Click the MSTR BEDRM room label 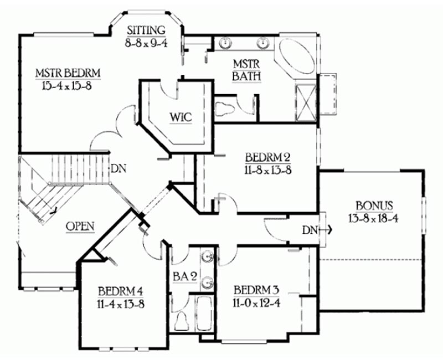coord(68,73)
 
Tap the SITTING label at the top coord(146,30)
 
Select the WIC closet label coord(181,117)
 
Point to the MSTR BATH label coord(246,70)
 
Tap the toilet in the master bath coord(225,109)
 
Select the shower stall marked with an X coord(306,102)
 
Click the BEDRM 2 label coord(268,157)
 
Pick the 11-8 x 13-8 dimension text coord(268,171)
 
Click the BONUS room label coord(374,205)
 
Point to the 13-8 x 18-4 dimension coord(373,218)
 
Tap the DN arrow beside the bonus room coord(326,230)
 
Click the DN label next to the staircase coord(119,169)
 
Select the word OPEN coord(80,227)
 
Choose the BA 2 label coord(185,276)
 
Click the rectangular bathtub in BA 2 coord(204,313)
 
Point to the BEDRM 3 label coord(256,290)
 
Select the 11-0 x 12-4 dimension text coord(256,303)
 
